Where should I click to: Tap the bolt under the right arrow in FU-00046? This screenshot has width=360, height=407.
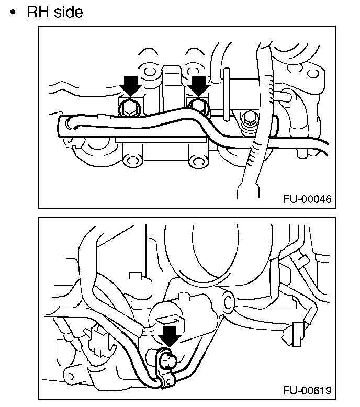[x=198, y=106]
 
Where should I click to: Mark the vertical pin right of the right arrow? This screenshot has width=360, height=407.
[x=226, y=92]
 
